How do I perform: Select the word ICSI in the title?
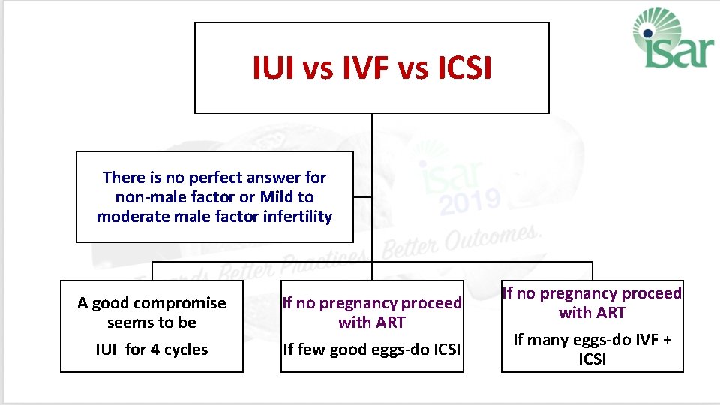[x=460, y=69]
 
